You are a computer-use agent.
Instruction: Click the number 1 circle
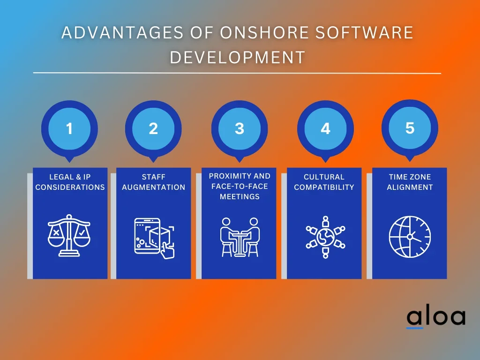(x=69, y=128)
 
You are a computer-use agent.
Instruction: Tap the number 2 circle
(x=153, y=128)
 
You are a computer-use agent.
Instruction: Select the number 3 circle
(x=240, y=128)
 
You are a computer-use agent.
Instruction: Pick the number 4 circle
(x=325, y=128)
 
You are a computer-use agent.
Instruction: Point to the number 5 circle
(x=410, y=128)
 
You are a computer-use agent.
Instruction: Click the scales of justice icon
(x=69, y=235)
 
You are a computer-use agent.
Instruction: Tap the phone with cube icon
(x=154, y=238)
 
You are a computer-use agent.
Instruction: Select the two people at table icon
(x=240, y=237)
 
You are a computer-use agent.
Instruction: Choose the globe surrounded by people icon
(x=325, y=237)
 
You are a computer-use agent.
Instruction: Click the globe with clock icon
(x=410, y=237)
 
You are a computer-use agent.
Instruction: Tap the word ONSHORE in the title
(x=264, y=33)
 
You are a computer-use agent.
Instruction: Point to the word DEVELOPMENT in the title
(x=238, y=57)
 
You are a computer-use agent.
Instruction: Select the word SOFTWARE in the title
(x=364, y=33)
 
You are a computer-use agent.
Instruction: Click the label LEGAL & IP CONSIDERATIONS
(x=70, y=182)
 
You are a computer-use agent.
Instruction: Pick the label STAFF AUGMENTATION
(x=154, y=182)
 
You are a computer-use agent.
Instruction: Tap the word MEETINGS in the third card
(x=240, y=196)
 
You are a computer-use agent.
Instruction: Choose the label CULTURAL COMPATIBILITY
(x=324, y=182)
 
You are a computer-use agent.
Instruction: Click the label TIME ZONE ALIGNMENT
(x=410, y=182)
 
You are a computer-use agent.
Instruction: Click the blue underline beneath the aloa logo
(x=414, y=328)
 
